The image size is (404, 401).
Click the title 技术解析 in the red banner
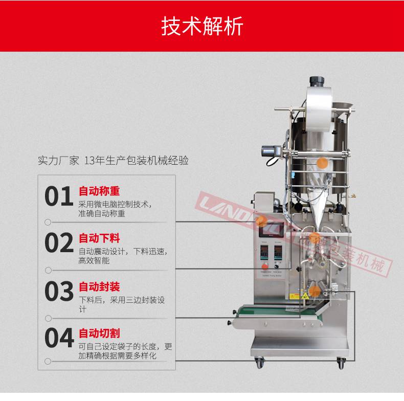pyautogui.click(x=202, y=26)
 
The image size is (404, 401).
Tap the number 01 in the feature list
pyautogui.click(x=59, y=197)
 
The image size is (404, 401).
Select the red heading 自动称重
pyautogui.click(x=99, y=191)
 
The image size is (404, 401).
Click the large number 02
pyautogui.click(x=59, y=243)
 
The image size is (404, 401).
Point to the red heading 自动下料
pyautogui.click(x=99, y=238)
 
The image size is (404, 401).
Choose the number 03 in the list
pyautogui.click(x=59, y=292)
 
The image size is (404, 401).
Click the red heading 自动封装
pyautogui.click(x=99, y=287)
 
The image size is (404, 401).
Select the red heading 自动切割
pyautogui.click(x=99, y=334)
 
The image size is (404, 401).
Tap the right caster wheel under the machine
pyautogui.click(x=341, y=364)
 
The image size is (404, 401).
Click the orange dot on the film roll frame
pyautogui.click(x=323, y=163)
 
